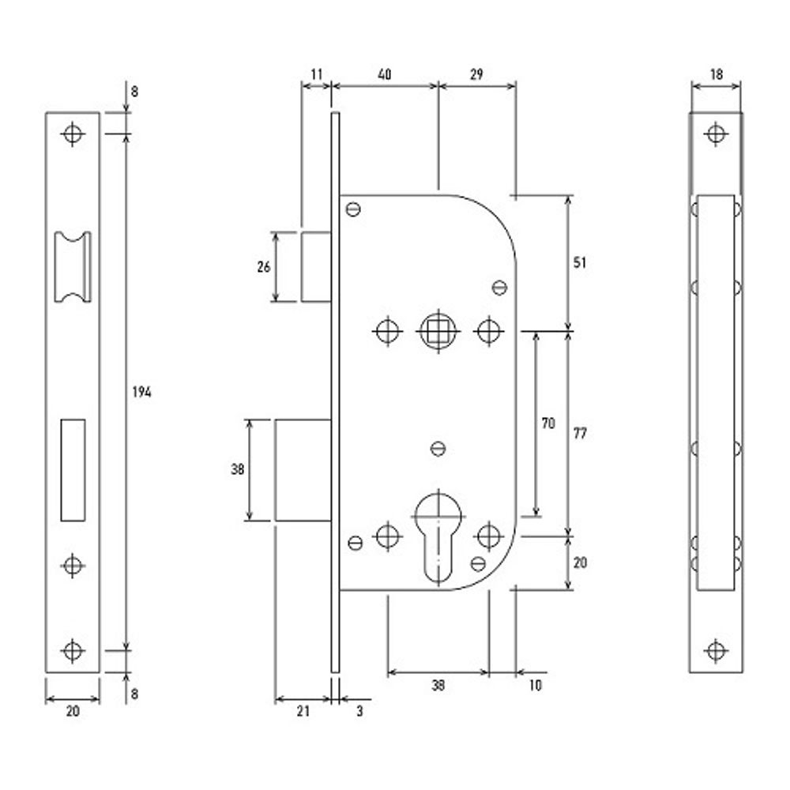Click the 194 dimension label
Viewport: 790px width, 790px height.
tap(141, 392)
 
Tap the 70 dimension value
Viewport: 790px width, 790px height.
tap(548, 423)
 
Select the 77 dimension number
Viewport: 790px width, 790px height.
tap(580, 433)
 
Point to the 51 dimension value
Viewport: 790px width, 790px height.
tap(580, 262)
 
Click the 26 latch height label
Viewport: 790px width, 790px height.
tap(264, 267)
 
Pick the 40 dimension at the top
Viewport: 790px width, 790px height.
tap(385, 74)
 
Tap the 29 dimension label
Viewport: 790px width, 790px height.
tap(476, 74)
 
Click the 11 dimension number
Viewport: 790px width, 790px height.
tap(317, 74)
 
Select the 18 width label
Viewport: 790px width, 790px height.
tap(716, 74)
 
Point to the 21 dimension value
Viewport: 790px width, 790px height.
tap(303, 711)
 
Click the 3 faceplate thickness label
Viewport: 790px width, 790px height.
tap(359, 711)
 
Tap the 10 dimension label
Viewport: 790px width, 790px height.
tap(535, 685)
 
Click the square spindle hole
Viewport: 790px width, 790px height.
tap(438, 332)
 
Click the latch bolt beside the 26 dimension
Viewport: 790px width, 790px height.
tap(316, 267)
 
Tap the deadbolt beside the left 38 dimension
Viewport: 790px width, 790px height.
tap(303, 470)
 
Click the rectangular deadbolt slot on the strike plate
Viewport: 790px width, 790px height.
tap(73, 470)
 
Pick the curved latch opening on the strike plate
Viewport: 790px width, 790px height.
tap(73, 267)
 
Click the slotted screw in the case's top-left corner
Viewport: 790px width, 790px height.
tap(354, 209)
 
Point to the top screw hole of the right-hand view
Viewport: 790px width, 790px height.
tap(716, 134)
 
